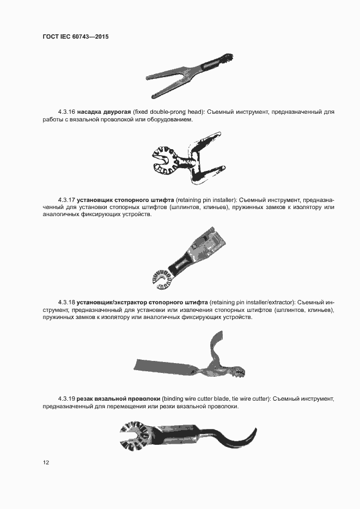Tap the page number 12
(46, 463)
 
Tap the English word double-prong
(167, 112)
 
